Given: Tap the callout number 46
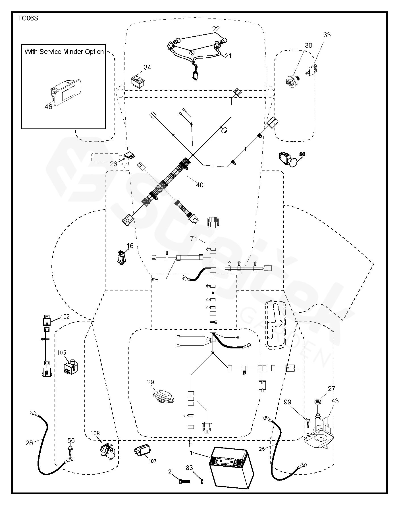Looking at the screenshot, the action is pyautogui.click(x=48, y=107).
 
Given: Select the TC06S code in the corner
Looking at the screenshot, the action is pyautogui.click(x=28, y=18).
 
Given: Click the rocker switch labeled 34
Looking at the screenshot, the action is pyautogui.click(x=138, y=78).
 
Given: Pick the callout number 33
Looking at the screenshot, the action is pyautogui.click(x=327, y=35).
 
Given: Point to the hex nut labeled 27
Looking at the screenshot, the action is pyautogui.click(x=317, y=402).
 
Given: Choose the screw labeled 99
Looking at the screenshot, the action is pyautogui.click(x=308, y=420).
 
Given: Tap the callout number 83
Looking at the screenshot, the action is pyautogui.click(x=190, y=467).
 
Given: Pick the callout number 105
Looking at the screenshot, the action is pyautogui.click(x=61, y=353).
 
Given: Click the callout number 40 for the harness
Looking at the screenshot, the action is pyautogui.click(x=200, y=185).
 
